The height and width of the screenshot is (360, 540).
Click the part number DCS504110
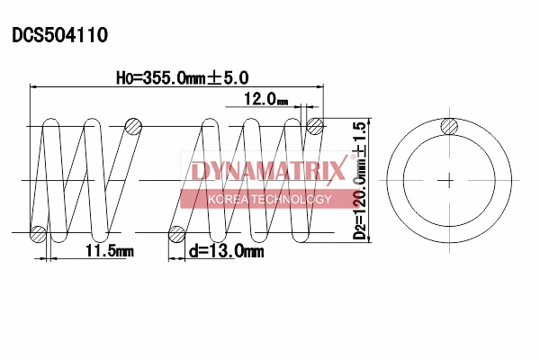click(59, 36)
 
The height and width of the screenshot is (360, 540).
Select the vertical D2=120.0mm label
click(360, 202)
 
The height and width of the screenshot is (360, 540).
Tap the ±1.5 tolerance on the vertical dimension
click(360, 138)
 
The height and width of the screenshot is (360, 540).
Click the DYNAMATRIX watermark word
click(267, 171)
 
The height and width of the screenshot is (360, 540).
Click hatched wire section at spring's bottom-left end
click(38, 235)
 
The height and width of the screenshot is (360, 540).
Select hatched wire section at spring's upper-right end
click(315, 126)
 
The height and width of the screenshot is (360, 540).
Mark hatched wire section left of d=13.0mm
click(177, 235)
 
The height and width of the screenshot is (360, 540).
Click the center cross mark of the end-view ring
click(447, 181)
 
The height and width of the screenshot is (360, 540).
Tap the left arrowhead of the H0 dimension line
click(35, 87)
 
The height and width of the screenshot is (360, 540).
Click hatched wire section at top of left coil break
click(133, 126)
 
